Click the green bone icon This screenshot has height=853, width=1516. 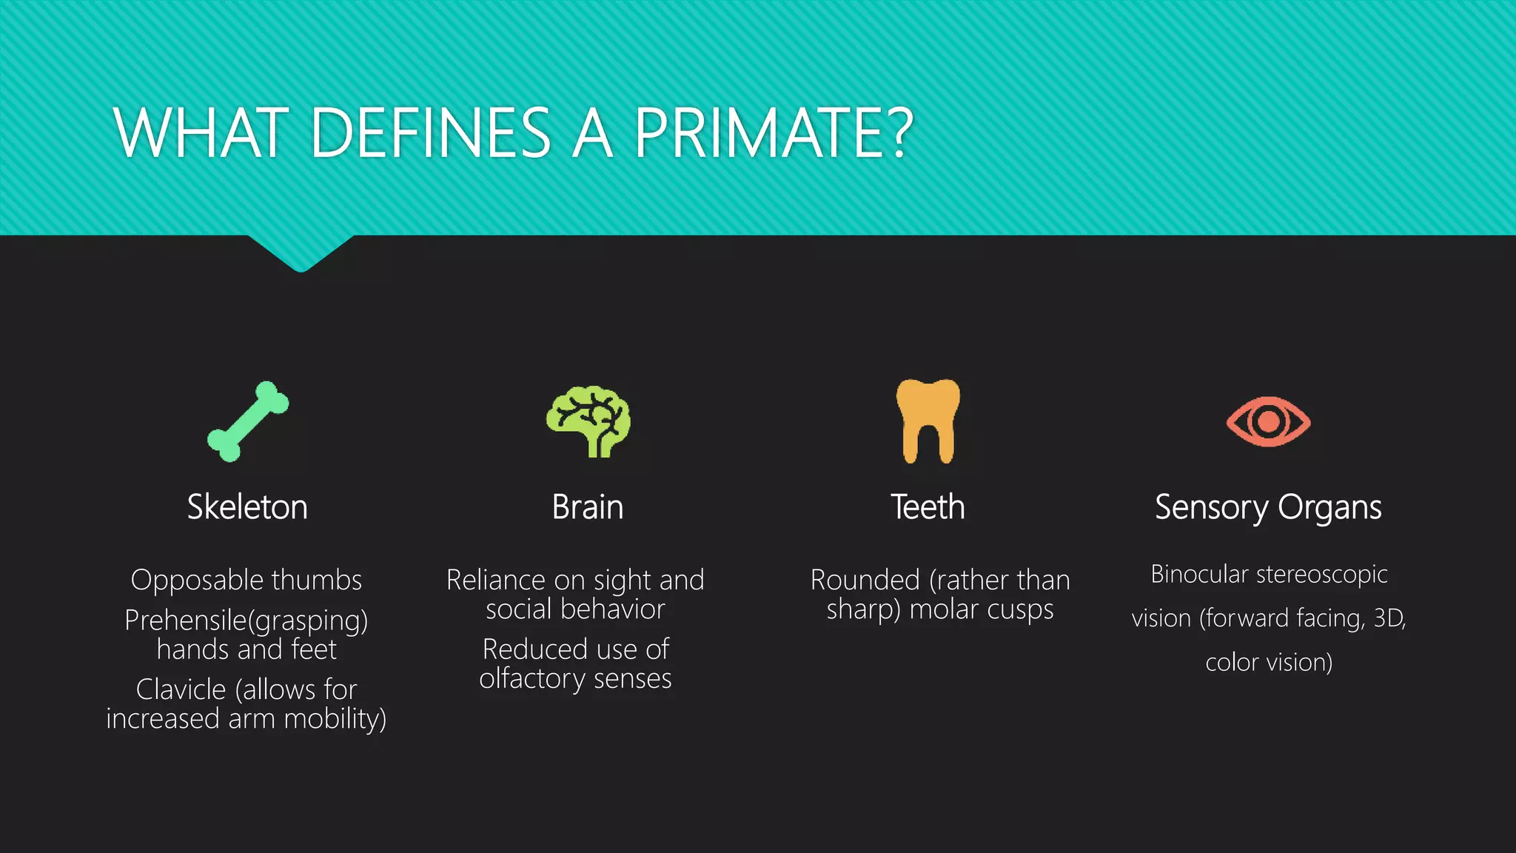pos(248,421)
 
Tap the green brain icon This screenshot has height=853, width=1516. pos(588,420)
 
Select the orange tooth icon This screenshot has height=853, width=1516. pos(928,420)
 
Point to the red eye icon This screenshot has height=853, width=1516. pos(1268,421)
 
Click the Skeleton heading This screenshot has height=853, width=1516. pos(247,507)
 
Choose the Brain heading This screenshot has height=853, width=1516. pos(588,507)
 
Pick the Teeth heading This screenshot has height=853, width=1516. pos(928,507)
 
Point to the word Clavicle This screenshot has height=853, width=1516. pos(181,689)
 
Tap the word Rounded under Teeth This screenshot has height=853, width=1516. pos(865,580)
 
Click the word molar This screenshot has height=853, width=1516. pos(944,609)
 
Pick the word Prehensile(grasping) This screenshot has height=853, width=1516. pos(246,620)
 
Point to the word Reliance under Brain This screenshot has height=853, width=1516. pos(494,580)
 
